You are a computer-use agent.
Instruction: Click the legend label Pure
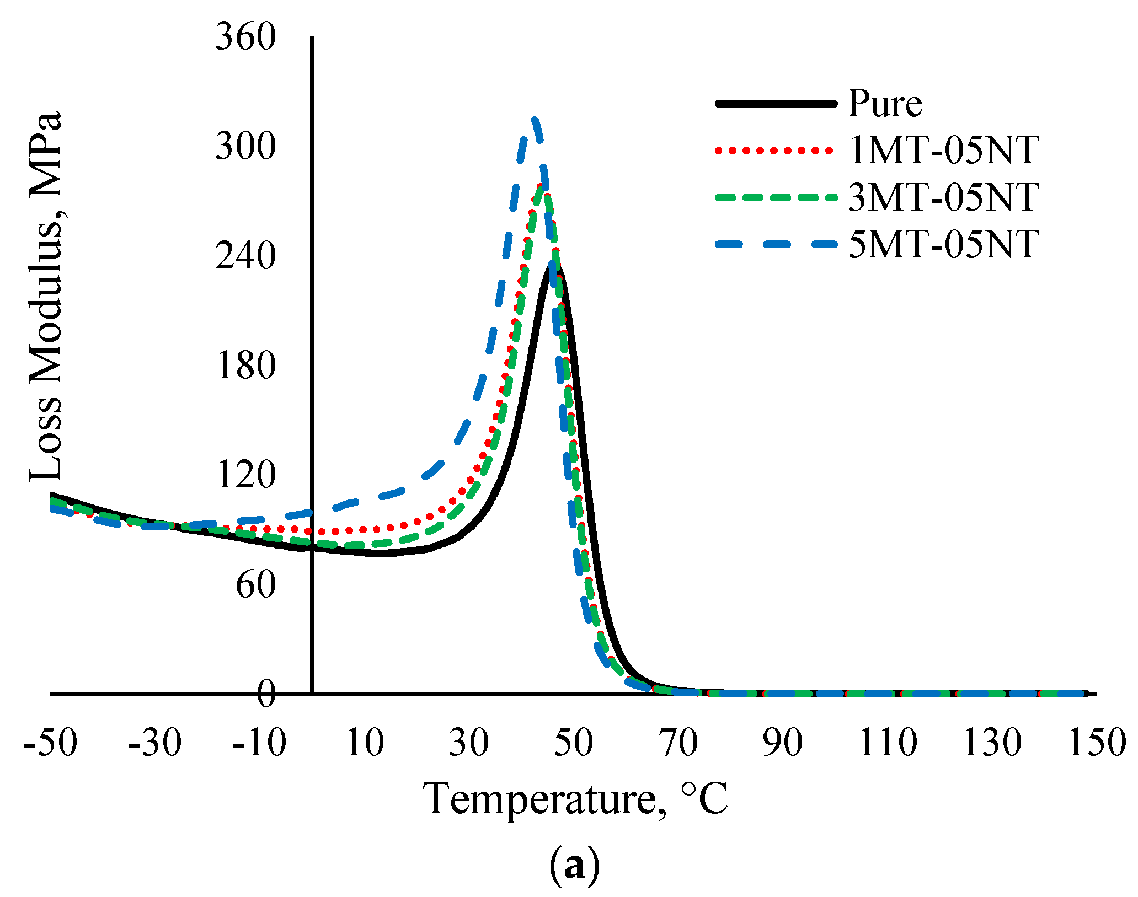[x=885, y=103]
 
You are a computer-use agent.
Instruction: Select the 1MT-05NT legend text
[x=944, y=150]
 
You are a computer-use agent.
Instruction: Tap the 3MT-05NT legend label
[x=944, y=197]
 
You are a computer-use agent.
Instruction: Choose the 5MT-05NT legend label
[x=944, y=244]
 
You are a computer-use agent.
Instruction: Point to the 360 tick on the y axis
[x=245, y=38]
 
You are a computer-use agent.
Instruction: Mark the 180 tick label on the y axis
[x=245, y=366]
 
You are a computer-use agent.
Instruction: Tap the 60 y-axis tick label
[x=255, y=585]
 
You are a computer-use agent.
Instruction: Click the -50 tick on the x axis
[x=51, y=743]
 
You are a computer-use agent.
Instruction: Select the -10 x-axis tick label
[x=259, y=743]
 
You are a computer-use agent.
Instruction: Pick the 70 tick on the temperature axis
[x=678, y=743]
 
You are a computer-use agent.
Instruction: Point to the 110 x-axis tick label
[x=888, y=743]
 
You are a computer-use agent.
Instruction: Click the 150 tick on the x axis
[x=1097, y=743]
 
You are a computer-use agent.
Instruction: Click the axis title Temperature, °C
[x=576, y=798]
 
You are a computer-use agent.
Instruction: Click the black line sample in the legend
[x=776, y=103]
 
